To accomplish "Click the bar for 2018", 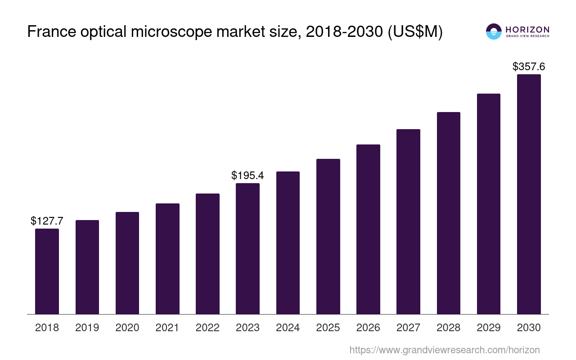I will click(x=47, y=271).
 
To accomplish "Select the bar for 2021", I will click(x=167, y=259).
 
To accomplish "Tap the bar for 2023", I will click(x=247, y=248).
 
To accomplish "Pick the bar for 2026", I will click(x=368, y=229).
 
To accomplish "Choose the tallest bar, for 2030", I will click(x=529, y=194).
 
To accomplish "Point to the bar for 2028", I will click(x=449, y=213).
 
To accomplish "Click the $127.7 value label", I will click(x=47, y=221).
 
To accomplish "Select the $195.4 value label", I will click(x=247, y=175).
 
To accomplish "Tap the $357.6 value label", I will click(x=529, y=67).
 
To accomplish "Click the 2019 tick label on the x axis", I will click(x=87, y=328).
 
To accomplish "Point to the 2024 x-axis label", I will click(x=288, y=328).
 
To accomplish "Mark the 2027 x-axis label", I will click(x=408, y=328).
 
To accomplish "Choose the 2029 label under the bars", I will click(x=489, y=328).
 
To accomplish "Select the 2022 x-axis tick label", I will click(x=207, y=328).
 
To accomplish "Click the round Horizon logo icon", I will click(x=494, y=31).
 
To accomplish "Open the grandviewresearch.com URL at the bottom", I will click(x=444, y=350).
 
